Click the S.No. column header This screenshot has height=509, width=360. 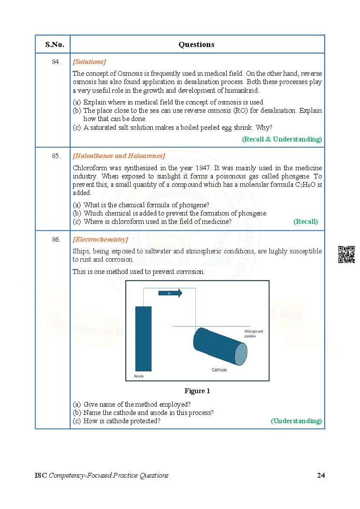point(54,44)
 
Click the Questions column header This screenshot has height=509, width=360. point(196,44)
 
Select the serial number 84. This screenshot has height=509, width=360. point(56,62)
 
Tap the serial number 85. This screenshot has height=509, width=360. point(56,156)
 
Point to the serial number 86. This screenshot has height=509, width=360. point(56,239)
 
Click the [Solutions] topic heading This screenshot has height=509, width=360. point(89,62)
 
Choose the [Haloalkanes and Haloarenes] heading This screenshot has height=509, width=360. point(119,156)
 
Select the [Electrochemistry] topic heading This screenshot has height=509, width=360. point(100,239)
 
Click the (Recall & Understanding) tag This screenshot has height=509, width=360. point(282,139)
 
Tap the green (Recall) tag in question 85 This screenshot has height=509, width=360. point(306,222)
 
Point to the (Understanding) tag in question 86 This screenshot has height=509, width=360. point(296,421)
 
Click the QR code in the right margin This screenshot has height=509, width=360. point(347,255)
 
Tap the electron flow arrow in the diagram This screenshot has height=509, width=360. point(170,293)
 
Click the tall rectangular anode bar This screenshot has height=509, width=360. point(143,338)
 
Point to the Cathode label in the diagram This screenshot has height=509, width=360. point(219,370)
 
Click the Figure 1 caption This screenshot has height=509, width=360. point(197,391)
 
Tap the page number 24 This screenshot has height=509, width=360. point(320,475)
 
